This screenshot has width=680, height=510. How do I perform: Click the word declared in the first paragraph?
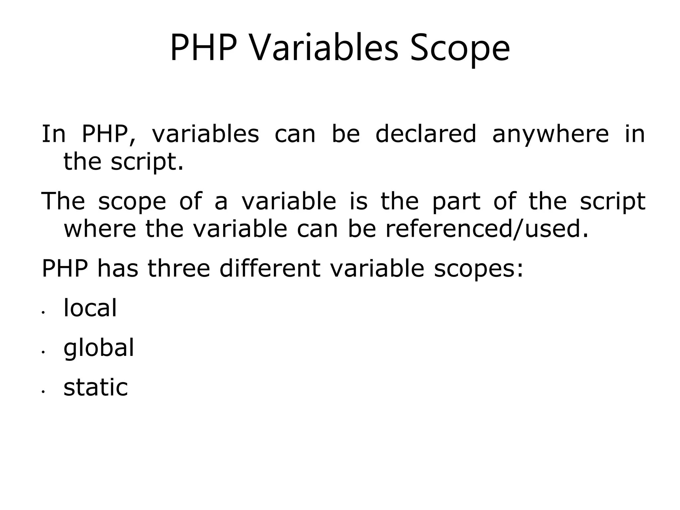click(x=426, y=134)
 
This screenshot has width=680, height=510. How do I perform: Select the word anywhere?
click(x=550, y=134)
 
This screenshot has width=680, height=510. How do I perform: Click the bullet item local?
click(x=90, y=308)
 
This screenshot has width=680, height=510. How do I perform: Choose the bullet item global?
click(x=99, y=348)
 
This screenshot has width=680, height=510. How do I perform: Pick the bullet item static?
click(x=96, y=387)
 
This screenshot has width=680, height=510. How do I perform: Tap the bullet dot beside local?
click(x=43, y=313)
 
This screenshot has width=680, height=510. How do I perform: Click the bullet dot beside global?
click(x=43, y=353)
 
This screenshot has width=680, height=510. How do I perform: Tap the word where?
click(x=100, y=229)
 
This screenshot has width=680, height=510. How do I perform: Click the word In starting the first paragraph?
click(x=53, y=134)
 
